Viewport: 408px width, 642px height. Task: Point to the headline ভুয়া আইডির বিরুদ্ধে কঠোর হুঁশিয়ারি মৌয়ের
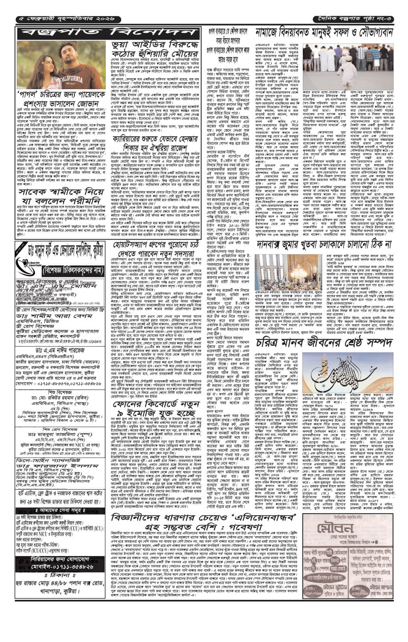tap(154, 50)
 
